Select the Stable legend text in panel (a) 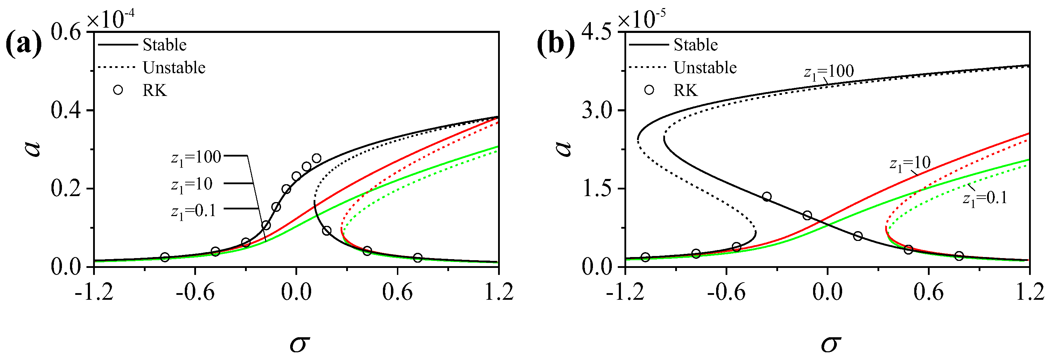tap(165, 45)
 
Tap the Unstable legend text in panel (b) tap(705, 68)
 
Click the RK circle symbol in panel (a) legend tap(118, 90)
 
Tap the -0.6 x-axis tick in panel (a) tap(195, 292)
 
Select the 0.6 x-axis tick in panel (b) tap(929, 292)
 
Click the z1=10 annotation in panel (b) tap(910, 163)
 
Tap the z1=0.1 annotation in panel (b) tap(985, 199)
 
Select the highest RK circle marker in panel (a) tap(316, 158)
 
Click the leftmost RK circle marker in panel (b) tap(645, 257)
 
